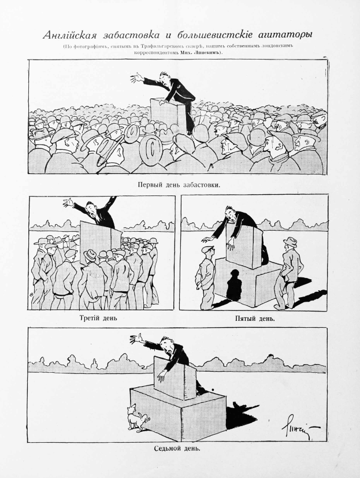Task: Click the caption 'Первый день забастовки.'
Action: [x=180, y=186]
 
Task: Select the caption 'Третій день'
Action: [x=101, y=318]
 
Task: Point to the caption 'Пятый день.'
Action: [x=254, y=318]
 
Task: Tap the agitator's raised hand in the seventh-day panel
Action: [x=136, y=338]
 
